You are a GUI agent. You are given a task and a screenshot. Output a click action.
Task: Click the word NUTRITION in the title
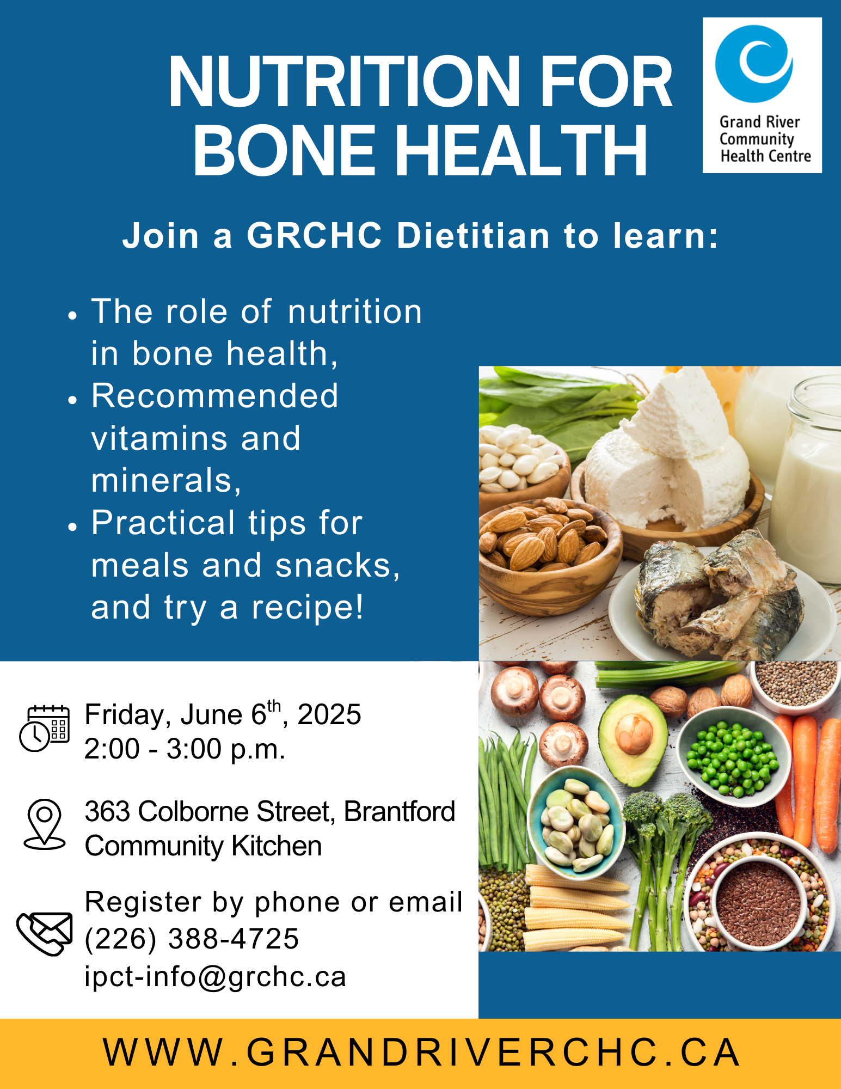pos(345,82)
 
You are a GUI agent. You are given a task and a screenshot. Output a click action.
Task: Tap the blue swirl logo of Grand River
pos(754,63)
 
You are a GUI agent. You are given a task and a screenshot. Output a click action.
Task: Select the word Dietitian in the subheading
pos(473,236)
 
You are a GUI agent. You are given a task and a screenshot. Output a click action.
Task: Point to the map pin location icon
pos(45,824)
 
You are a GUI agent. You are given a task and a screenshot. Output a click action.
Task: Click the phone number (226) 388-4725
pos(192,939)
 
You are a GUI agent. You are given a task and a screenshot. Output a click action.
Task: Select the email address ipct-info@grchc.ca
pos(216,976)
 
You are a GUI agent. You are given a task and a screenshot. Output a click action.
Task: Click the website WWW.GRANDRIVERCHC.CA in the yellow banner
pos(421,1052)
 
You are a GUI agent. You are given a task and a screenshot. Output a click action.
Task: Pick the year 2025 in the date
pos(329,714)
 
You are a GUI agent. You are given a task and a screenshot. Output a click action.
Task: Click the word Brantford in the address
pos(400,811)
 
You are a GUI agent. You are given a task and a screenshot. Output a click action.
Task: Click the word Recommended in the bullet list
pos(215,395)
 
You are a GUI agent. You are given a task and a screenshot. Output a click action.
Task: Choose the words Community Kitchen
pos(203,846)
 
